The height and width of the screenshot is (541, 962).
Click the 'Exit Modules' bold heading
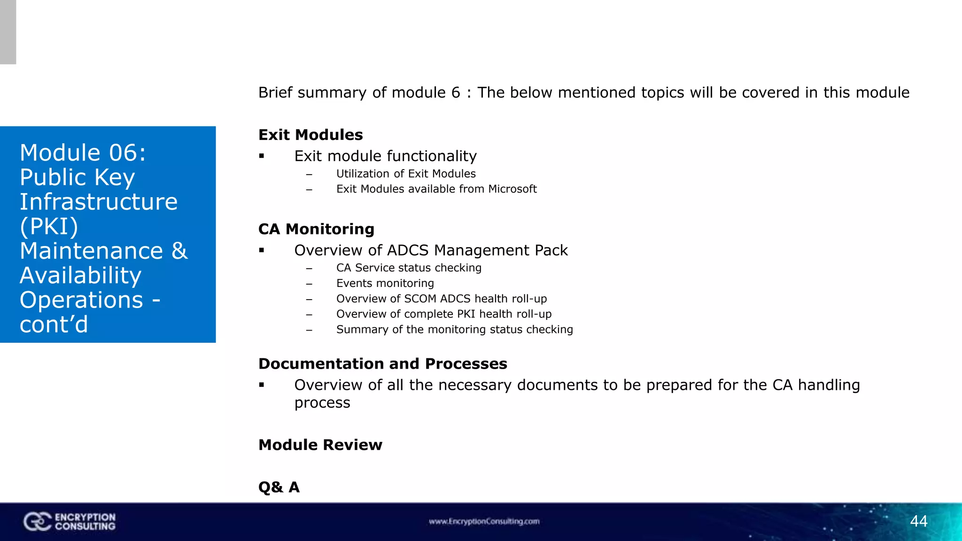pos(310,135)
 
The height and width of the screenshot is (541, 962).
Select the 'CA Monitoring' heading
pos(316,229)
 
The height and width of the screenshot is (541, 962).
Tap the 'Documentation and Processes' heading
pos(382,364)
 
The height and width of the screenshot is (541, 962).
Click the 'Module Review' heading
pos(320,445)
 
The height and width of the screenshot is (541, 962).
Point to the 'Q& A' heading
pos(279,487)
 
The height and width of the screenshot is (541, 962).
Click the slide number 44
pos(918,521)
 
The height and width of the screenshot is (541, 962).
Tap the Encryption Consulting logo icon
pos(37,522)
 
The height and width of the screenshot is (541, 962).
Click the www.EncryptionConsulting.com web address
pos(484,521)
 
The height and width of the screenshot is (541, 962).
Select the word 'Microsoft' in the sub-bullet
pos(512,189)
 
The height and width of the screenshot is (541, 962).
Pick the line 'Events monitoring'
pos(385,283)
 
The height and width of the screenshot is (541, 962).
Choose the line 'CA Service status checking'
pos(409,268)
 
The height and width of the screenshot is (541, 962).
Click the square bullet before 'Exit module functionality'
pos(262,156)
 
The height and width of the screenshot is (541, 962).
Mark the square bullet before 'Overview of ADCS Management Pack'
pos(262,251)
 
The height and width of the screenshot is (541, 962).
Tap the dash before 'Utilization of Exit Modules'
pos(309,175)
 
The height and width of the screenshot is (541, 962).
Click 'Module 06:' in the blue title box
pos(83,153)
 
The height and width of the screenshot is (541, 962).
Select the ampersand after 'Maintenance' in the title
pos(179,251)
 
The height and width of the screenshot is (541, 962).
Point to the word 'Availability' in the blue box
pos(80,275)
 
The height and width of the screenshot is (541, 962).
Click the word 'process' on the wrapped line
pos(322,403)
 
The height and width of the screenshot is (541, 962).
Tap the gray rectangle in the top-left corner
pos(8,32)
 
